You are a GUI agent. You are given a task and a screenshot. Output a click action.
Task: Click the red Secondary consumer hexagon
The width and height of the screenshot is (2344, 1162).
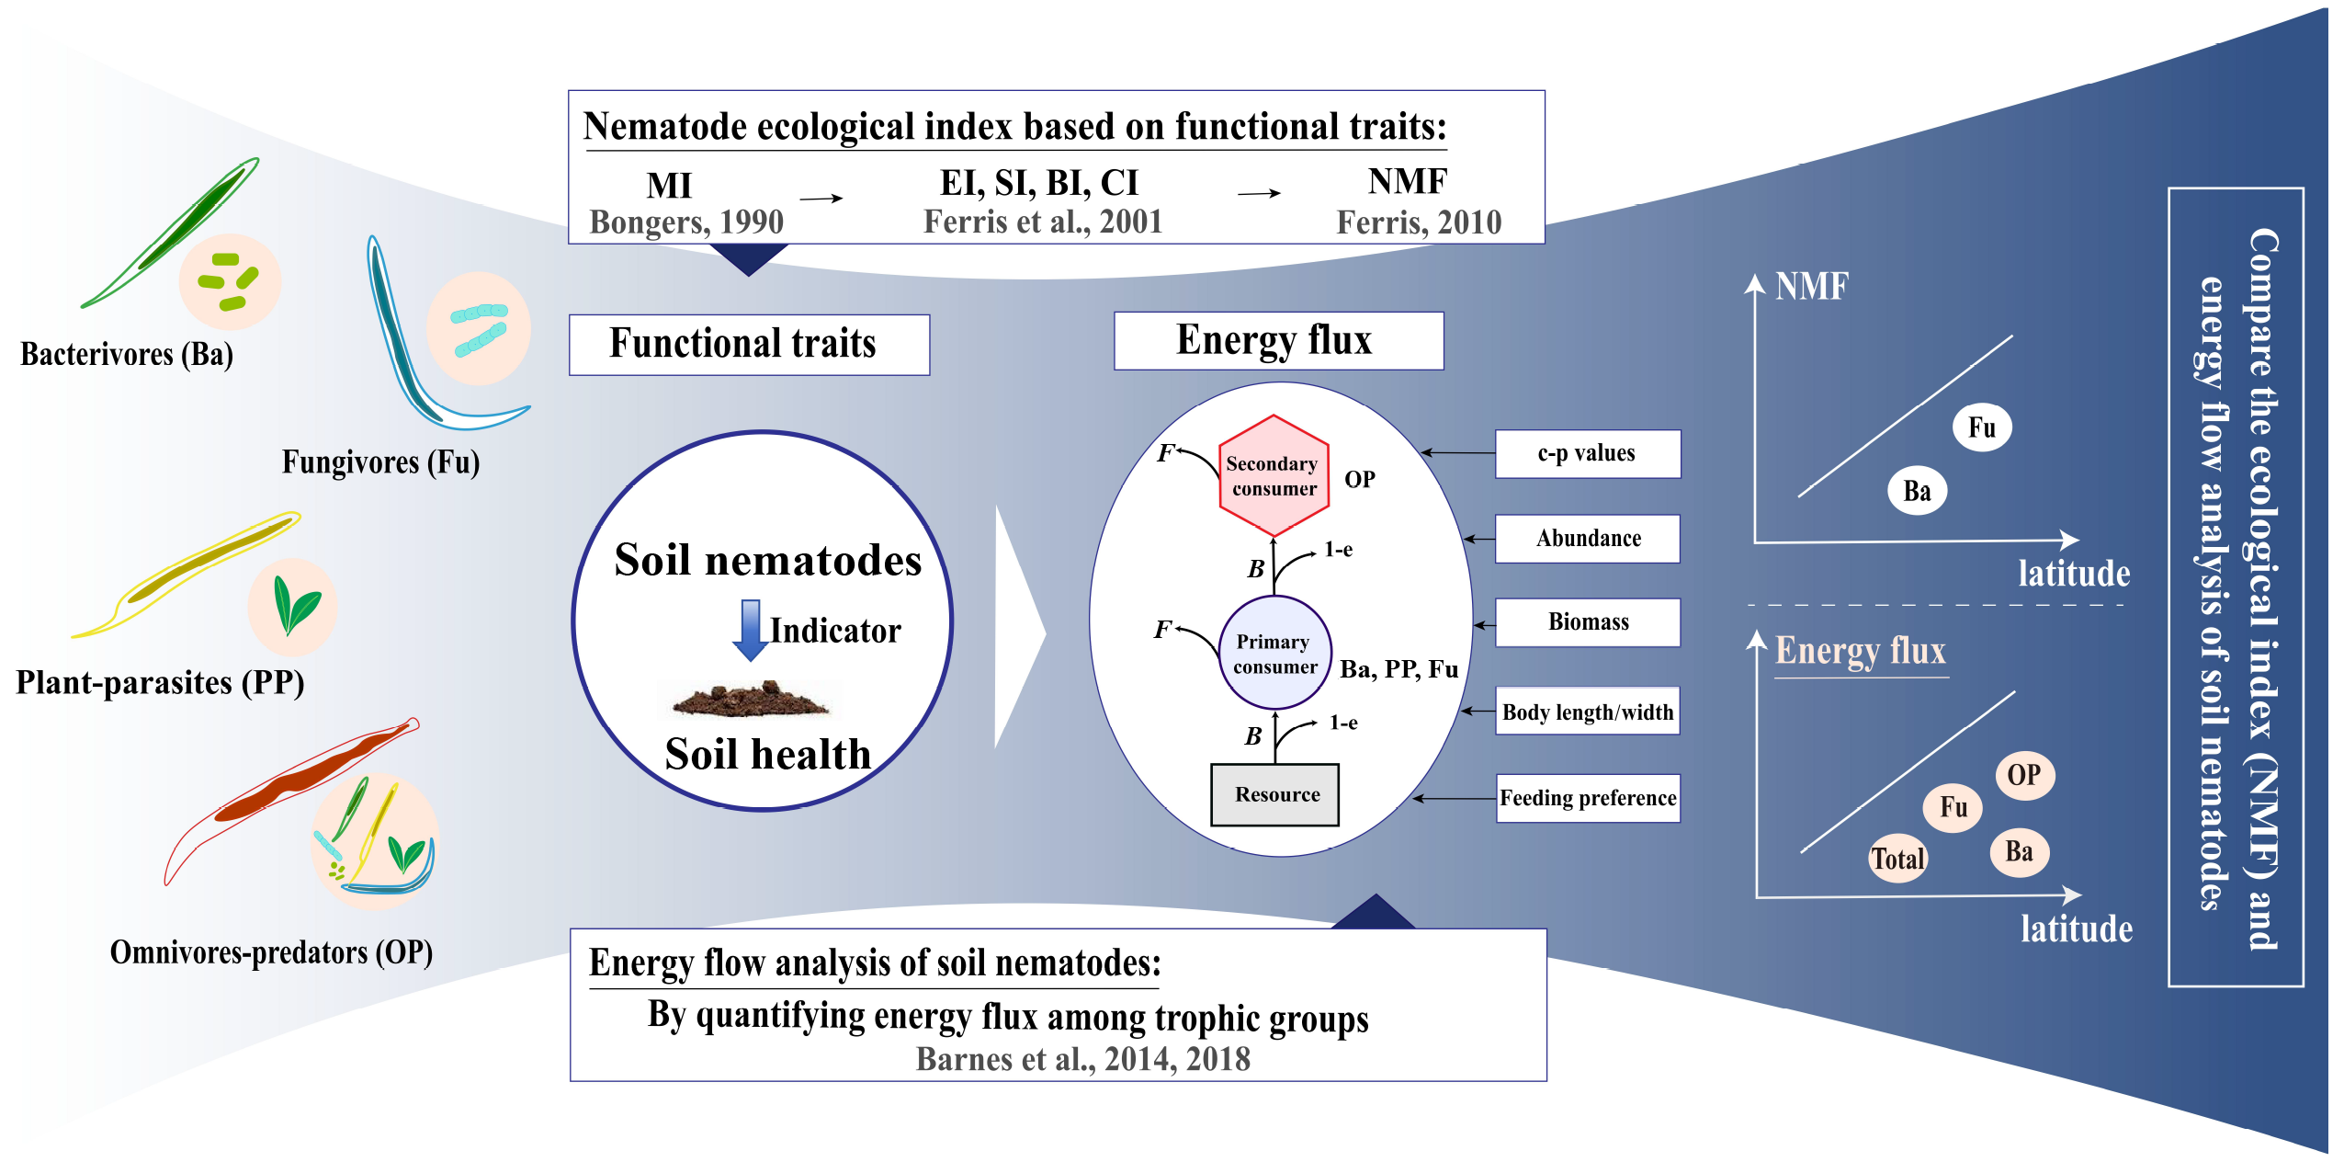[x=1274, y=475]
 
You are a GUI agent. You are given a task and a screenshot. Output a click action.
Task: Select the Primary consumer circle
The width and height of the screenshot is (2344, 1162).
[x=1274, y=653]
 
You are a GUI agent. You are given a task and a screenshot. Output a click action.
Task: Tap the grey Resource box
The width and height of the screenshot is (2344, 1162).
[x=1274, y=794]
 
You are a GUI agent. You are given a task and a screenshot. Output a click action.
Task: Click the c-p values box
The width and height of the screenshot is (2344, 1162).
[x=1588, y=453]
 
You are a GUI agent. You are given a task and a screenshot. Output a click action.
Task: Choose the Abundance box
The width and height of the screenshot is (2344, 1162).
[x=1588, y=538]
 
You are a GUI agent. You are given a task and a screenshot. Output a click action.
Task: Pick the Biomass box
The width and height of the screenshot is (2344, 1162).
[x=1588, y=622]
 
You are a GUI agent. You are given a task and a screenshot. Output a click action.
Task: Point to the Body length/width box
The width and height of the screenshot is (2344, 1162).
[x=1588, y=711]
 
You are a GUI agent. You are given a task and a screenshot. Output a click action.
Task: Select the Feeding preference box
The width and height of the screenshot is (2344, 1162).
[x=1588, y=797]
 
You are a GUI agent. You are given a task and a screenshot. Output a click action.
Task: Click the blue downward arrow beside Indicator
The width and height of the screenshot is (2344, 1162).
[x=751, y=630]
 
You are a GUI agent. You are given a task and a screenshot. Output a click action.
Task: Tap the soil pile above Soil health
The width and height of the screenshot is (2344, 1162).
[x=752, y=700]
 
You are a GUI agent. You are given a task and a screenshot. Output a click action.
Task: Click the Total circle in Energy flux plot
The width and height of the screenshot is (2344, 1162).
[x=1897, y=859]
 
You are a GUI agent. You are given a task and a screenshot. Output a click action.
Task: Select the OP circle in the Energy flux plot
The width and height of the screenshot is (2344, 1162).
[x=2024, y=774]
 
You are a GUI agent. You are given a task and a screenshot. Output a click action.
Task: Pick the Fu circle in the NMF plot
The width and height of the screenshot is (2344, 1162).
[x=1982, y=427]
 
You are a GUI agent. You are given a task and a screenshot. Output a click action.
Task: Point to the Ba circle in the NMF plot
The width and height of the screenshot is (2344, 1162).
[x=1918, y=491]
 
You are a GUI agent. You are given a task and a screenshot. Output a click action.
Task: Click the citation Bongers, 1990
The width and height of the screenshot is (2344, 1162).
[x=686, y=222]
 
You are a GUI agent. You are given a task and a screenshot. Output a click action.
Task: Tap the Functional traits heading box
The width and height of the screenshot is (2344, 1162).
[x=749, y=345]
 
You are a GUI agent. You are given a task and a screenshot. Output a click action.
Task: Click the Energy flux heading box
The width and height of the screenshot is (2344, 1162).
[x=1278, y=340]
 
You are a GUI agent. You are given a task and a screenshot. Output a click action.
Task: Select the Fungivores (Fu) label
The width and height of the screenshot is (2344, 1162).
[x=380, y=461]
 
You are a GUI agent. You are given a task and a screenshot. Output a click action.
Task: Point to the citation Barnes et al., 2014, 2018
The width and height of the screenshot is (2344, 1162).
[x=1082, y=1059]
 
